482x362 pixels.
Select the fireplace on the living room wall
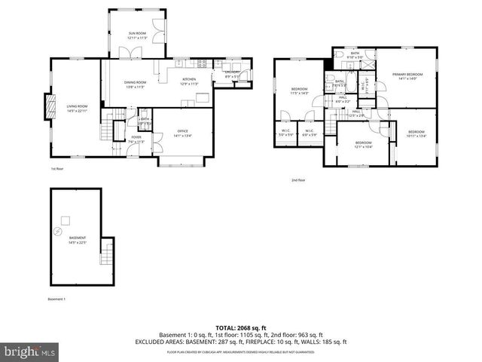pyautogui.click(x=51, y=107)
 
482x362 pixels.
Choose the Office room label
pyautogui.click(x=182, y=133)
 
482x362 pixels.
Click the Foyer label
pyautogui.click(x=136, y=139)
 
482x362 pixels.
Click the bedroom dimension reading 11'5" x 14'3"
pyautogui.click(x=299, y=93)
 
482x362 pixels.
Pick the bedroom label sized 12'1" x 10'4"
pyautogui.click(x=363, y=144)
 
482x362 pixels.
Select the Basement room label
pyautogui.click(x=77, y=240)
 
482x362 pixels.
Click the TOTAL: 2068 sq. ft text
pyautogui.click(x=240, y=328)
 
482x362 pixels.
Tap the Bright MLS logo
pyautogui.click(x=30, y=351)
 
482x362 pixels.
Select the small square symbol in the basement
pyautogui.click(x=66, y=219)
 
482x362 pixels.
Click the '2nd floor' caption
pyautogui.click(x=298, y=180)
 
